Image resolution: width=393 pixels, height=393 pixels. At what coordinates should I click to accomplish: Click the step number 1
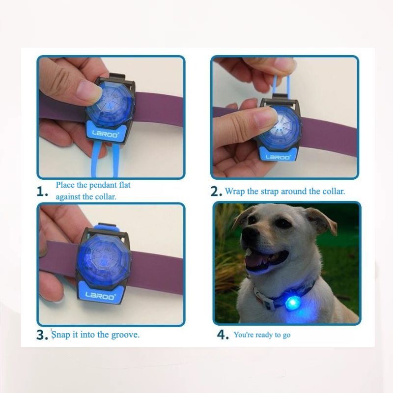click(42, 192)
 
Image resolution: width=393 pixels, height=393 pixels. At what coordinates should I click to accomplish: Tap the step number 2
click(216, 192)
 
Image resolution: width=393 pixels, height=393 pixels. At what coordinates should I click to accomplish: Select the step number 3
click(42, 335)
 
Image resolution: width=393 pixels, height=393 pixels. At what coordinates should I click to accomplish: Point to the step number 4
click(223, 335)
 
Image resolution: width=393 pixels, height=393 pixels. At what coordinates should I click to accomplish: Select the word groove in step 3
click(125, 335)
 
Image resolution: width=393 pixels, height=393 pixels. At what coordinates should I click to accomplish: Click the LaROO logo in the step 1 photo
click(105, 134)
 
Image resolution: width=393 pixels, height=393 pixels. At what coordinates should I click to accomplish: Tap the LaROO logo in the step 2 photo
click(278, 157)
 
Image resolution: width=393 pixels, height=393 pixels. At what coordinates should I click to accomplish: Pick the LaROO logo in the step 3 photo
click(100, 296)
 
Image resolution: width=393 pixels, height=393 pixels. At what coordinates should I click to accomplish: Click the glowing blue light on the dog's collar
click(292, 303)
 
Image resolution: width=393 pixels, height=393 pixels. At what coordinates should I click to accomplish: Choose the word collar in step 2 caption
click(334, 192)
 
